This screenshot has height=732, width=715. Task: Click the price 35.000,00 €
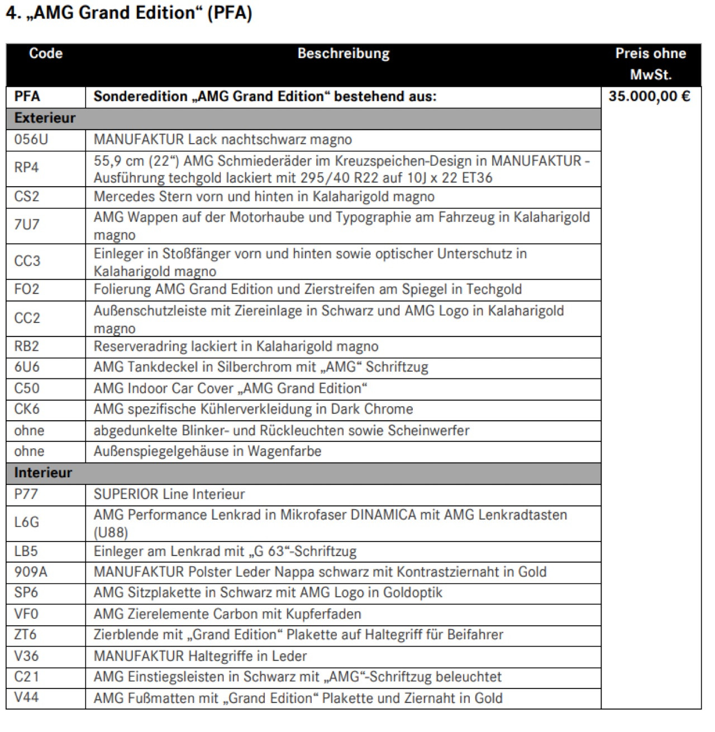(x=649, y=97)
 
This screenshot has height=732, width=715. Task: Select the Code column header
(x=46, y=54)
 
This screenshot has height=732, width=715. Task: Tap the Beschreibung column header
(x=343, y=54)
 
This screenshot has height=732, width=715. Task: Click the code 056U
(x=31, y=140)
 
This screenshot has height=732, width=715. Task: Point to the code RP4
(x=26, y=168)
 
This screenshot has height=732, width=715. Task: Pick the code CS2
(x=27, y=197)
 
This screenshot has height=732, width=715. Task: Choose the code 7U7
(x=27, y=225)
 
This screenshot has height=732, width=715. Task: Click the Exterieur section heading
(x=45, y=118)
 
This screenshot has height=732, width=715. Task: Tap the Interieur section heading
(x=43, y=473)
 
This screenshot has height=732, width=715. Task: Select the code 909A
(x=31, y=572)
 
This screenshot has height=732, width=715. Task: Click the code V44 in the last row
(x=27, y=697)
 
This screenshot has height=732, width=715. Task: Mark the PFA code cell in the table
(x=27, y=97)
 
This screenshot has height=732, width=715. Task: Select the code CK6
(x=27, y=409)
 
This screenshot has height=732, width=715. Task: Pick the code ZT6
(x=26, y=635)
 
